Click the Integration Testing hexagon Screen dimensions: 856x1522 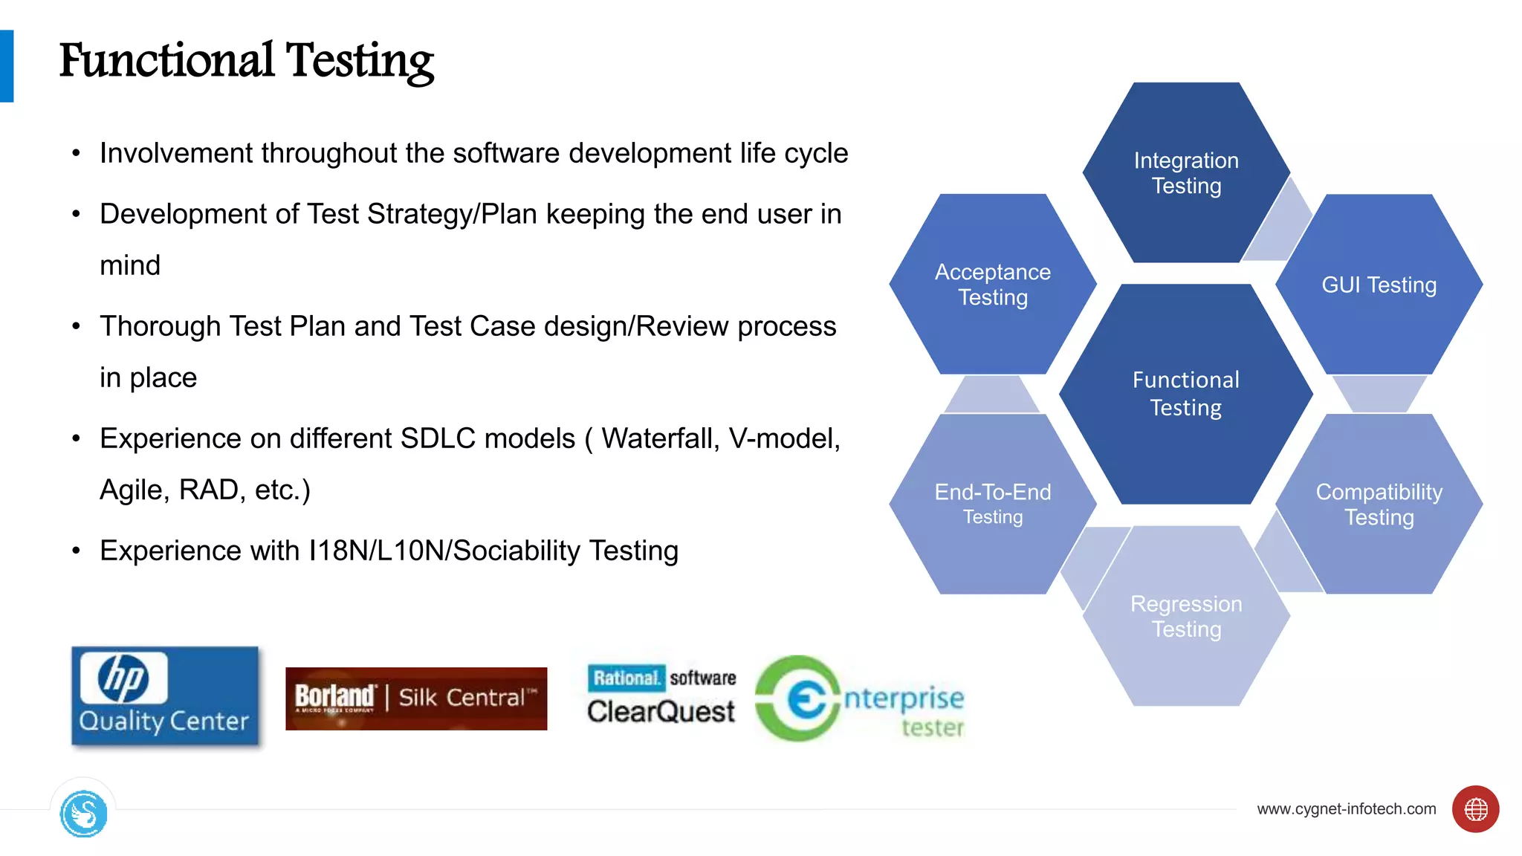(1185, 172)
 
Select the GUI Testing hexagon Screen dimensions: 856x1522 (1379, 285)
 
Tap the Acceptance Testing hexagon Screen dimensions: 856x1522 (992, 285)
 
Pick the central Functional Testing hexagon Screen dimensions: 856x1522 (1185, 394)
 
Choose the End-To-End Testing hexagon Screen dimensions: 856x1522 (992, 504)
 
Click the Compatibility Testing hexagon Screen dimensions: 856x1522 (1379, 504)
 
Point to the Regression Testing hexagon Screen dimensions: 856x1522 (1185, 616)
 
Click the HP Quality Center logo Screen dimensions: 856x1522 (165, 696)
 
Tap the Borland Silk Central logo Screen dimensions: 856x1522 (416, 698)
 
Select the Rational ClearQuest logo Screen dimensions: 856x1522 (661, 695)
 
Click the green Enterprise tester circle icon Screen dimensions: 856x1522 (798, 698)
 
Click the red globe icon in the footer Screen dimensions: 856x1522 (1475, 808)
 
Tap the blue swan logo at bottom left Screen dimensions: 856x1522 (84, 814)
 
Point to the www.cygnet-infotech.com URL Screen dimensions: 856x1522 (1346, 808)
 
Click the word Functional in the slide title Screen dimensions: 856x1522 (166, 61)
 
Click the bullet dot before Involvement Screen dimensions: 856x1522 (76, 154)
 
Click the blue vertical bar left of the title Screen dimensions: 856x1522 (7, 65)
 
